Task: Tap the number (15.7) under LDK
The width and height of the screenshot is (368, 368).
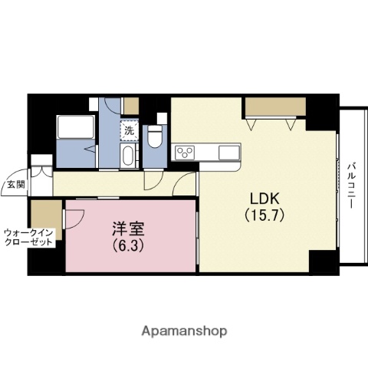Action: (x=264, y=215)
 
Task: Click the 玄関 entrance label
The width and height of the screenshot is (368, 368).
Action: (x=15, y=184)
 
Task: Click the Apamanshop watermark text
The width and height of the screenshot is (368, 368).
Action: (x=183, y=332)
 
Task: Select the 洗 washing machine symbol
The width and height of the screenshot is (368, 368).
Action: (x=129, y=130)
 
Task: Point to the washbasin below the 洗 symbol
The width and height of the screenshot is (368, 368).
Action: (x=129, y=156)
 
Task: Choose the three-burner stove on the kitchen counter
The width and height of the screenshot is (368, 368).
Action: (x=185, y=153)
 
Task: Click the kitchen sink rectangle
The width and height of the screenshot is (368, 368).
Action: (x=229, y=153)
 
